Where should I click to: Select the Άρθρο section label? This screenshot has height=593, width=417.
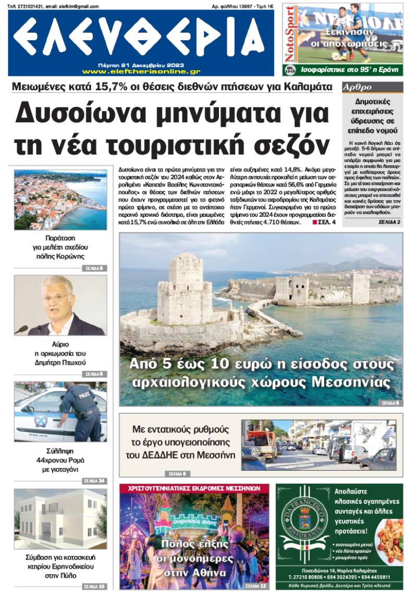tap(357, 87)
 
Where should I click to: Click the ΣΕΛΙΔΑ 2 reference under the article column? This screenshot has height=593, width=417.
tap(389, 223)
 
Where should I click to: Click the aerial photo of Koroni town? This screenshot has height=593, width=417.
tap(60, 200)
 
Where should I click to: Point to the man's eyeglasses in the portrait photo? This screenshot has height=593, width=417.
tap(56, 298)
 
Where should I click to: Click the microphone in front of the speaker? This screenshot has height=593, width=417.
tap(21, 329)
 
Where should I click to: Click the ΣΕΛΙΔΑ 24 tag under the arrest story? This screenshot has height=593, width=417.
tap(94, 480)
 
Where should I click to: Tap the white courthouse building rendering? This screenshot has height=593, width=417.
tap(57, 518)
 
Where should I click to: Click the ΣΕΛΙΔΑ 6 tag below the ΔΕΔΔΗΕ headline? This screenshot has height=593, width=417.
tap(177, 474)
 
